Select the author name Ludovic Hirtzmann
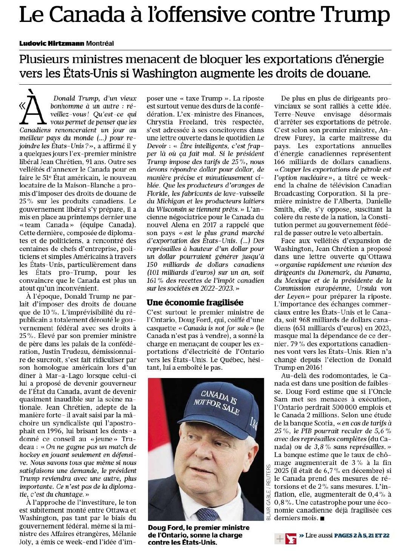(52, 43)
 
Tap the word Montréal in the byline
(100, 43)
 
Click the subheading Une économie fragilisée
(195, 302)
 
